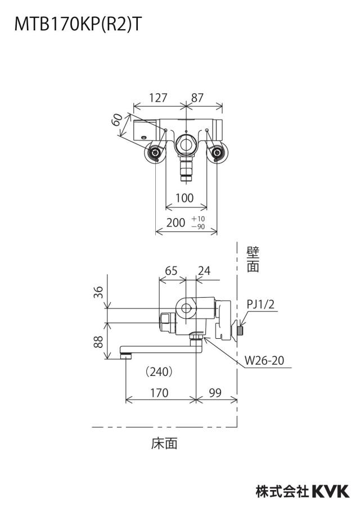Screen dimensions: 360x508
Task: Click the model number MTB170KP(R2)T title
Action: click(78, 25)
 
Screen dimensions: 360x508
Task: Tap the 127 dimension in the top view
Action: click(158, 98)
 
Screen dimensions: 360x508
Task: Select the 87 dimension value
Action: click(197, 98)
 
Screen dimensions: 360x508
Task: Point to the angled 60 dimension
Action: click(118, 120)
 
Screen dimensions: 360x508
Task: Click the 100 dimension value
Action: click(184, 198)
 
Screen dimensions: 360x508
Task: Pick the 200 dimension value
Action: click(176, 223)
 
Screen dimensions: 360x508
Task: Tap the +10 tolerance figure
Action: click(198, 219)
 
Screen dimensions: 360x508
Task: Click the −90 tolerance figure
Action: click(198, 227)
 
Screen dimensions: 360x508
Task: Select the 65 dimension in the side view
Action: click(171, 270)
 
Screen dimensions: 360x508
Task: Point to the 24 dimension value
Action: click(204, 270)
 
